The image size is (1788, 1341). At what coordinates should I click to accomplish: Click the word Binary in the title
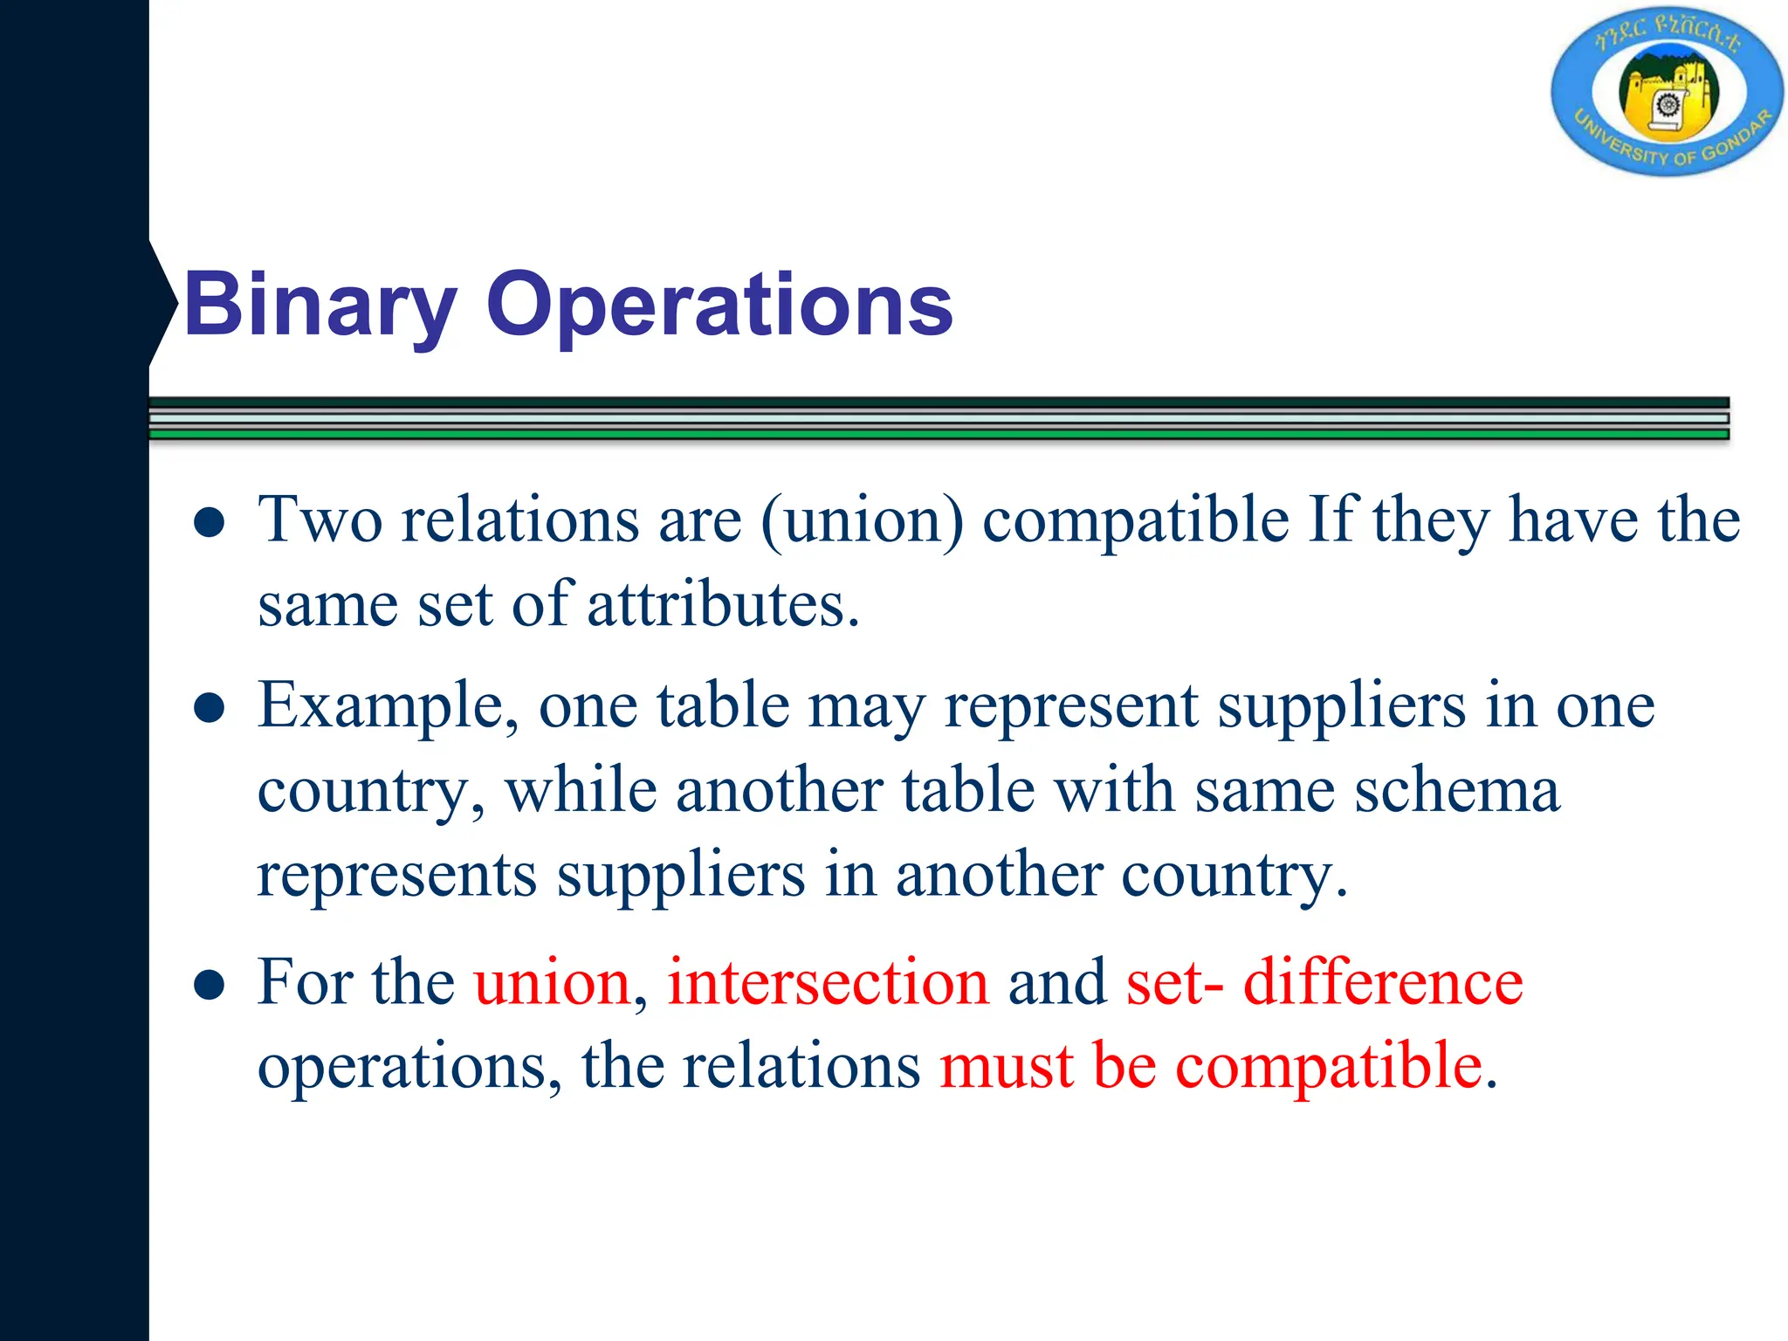320,306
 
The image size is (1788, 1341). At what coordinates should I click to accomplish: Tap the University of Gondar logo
1668,94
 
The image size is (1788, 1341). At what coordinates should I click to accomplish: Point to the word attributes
723,605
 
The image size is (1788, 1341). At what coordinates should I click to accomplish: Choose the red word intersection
829,982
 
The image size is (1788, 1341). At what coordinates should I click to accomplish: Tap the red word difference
1383,982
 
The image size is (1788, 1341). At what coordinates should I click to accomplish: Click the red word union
552,982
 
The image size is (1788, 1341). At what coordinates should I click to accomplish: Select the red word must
1006,1067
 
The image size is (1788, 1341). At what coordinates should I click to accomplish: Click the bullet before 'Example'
210,708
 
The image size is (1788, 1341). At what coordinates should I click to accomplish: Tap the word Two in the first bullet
320,521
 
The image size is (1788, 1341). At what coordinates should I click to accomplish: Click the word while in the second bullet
581,790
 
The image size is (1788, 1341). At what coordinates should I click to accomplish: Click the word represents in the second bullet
397,875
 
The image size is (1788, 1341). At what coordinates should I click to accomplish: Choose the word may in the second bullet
866,707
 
